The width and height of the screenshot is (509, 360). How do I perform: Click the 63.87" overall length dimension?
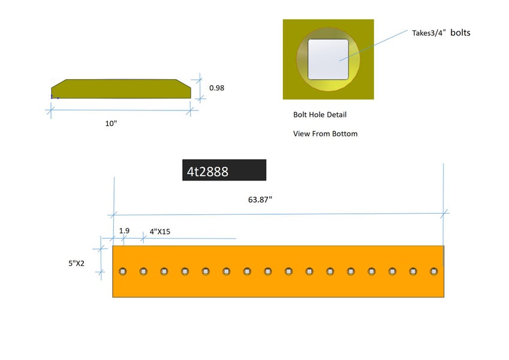point(260,200)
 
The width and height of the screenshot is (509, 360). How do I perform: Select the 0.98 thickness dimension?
point(216,88)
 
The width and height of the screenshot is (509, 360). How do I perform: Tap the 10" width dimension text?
point(110,123)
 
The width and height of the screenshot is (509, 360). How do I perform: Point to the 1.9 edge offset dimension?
point(124,230)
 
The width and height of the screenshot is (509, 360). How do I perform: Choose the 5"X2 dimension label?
point(79,262)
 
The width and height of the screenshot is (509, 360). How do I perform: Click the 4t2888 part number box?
point(224,171)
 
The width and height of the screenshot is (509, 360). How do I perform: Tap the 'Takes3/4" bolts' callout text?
point(441,33)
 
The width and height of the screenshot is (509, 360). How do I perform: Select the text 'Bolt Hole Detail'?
point(320,115)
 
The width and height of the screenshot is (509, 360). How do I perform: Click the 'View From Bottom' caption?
point(325,134)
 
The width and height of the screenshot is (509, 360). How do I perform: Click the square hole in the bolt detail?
point(328,59)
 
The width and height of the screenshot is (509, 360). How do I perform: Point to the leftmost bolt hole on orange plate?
point(123,271)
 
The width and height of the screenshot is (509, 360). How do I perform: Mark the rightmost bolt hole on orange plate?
point(433,271)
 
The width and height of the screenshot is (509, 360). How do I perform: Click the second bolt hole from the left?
point(143,271)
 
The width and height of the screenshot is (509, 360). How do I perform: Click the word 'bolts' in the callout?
point(460,32)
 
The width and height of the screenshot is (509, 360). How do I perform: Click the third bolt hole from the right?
point(392,271)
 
